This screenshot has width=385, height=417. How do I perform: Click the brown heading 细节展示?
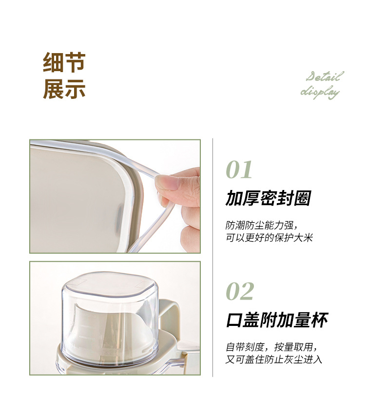[x=64, y=76]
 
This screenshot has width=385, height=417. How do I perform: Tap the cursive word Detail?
[x=325, y=76]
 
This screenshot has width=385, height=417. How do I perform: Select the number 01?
[x=239, y=170]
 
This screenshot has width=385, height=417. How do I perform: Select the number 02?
[x=240, y=291]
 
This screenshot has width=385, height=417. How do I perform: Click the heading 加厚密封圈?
[x=268, y=198]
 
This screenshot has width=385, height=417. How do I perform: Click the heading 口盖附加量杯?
[x=277, y=320]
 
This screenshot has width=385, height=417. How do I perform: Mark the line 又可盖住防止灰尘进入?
[x=274, y=360]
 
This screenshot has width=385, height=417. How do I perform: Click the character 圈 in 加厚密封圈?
[x=302, y=198]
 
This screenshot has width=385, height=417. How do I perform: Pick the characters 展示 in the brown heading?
[x=64, y=89]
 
